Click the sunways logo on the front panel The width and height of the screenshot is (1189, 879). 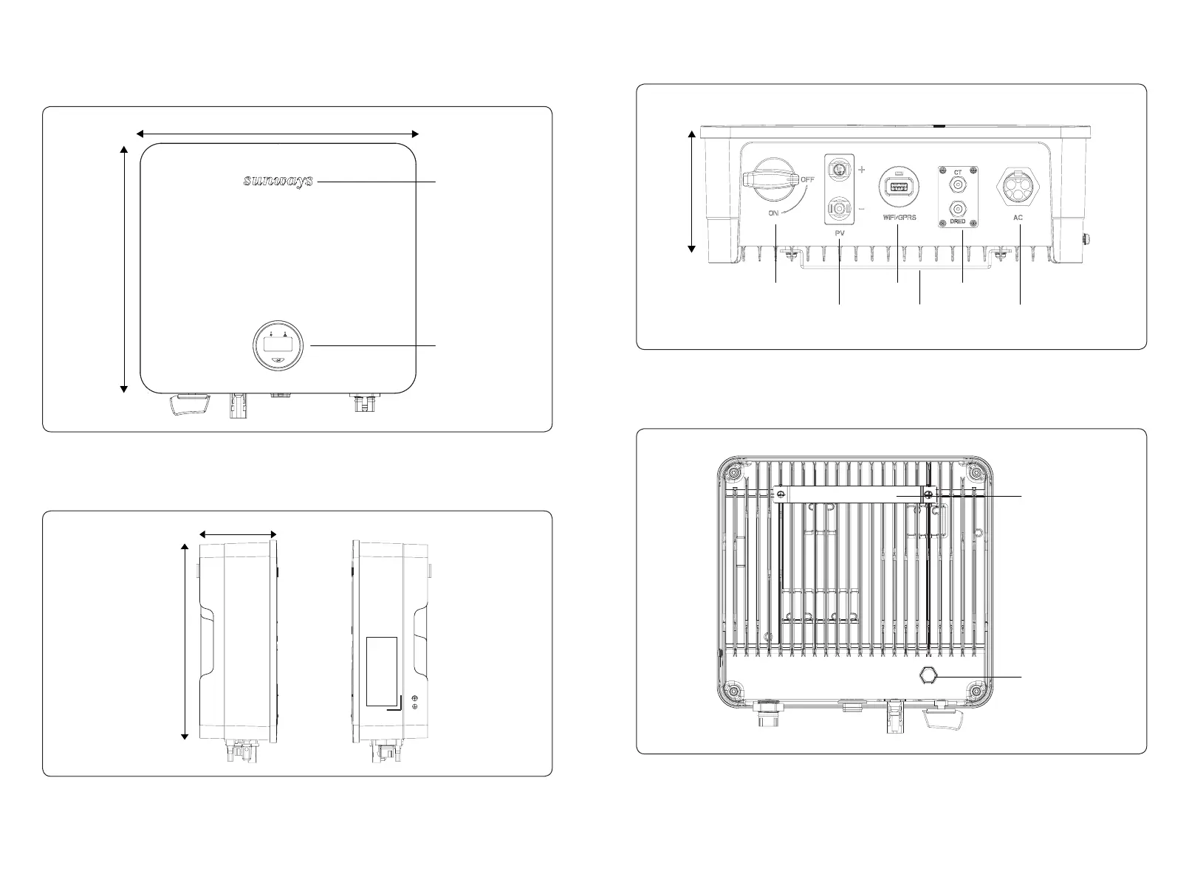coord(278,181)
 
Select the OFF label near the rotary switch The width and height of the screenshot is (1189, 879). coord(808,179)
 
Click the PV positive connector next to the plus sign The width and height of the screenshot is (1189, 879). coord(839,169)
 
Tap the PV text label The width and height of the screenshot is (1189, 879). coord(840,232)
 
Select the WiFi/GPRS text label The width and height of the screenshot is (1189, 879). coord(899,218)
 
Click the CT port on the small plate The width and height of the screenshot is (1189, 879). coord(957,185)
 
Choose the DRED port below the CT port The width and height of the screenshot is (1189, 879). coord(957,209)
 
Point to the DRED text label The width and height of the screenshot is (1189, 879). coord(957,222)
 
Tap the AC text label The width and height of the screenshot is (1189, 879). coord(1018,218)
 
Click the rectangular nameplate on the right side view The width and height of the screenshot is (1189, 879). coord(382,670)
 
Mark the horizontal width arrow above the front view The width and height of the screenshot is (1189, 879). coord(278,134)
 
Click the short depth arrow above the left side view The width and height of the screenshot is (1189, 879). coord(238,534)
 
